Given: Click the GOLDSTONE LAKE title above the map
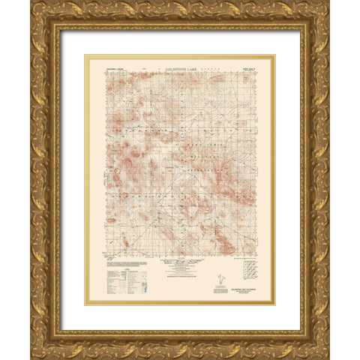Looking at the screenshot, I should pyautogui.click(x=180, y=67).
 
